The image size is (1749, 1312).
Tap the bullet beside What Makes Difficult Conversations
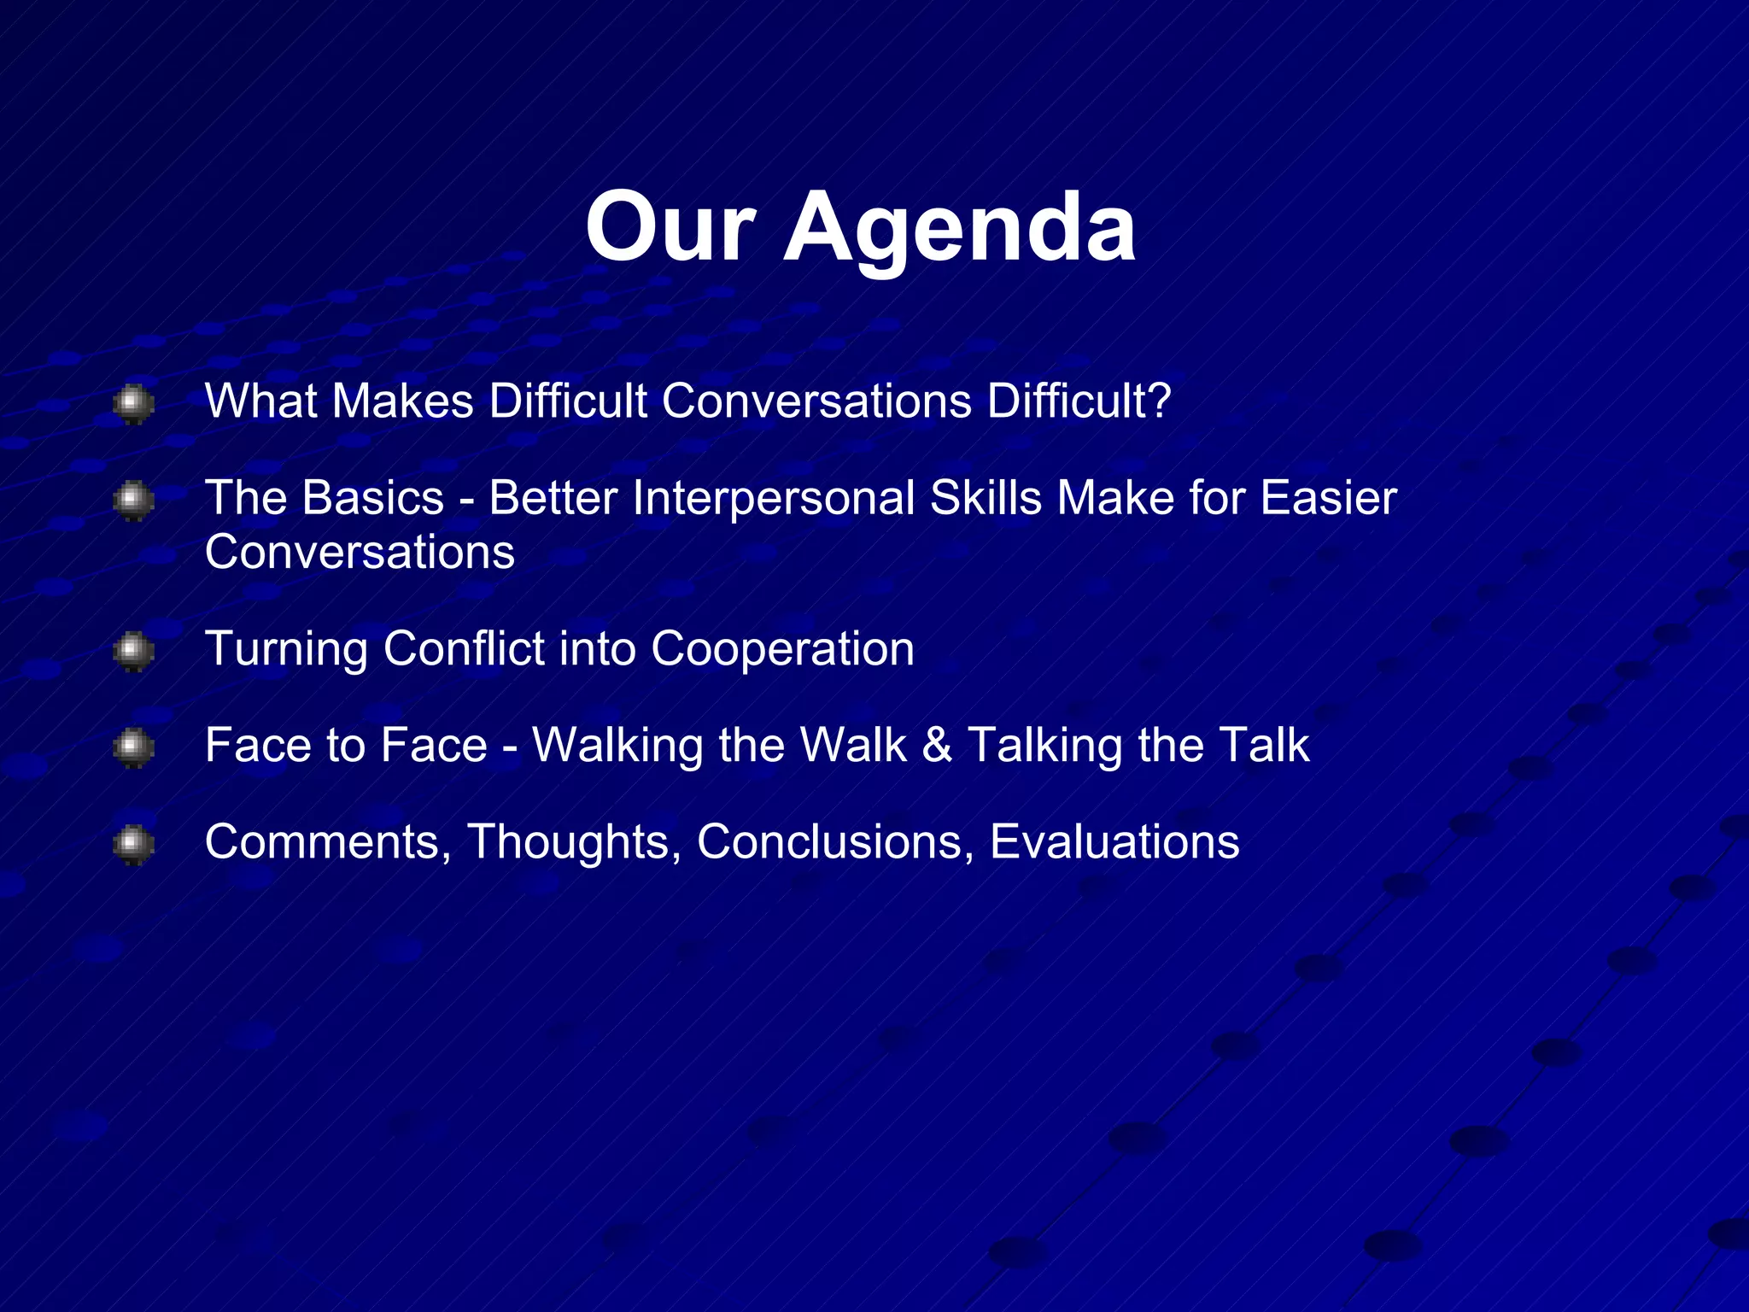pos(133,403)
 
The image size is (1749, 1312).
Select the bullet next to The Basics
pos(133,500)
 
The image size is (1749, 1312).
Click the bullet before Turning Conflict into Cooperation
pos(133,651)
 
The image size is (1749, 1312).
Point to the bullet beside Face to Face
pos(133,747)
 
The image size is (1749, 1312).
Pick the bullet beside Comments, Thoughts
pos(133,844)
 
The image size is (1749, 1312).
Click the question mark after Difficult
pos(1158,401)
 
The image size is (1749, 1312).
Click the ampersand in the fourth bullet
pos(937,745)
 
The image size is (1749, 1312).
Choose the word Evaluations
pos(1114,841)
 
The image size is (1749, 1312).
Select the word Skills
pos(986,498)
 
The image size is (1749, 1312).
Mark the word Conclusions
pos(835,841)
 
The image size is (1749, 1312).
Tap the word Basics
pos(372,498)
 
